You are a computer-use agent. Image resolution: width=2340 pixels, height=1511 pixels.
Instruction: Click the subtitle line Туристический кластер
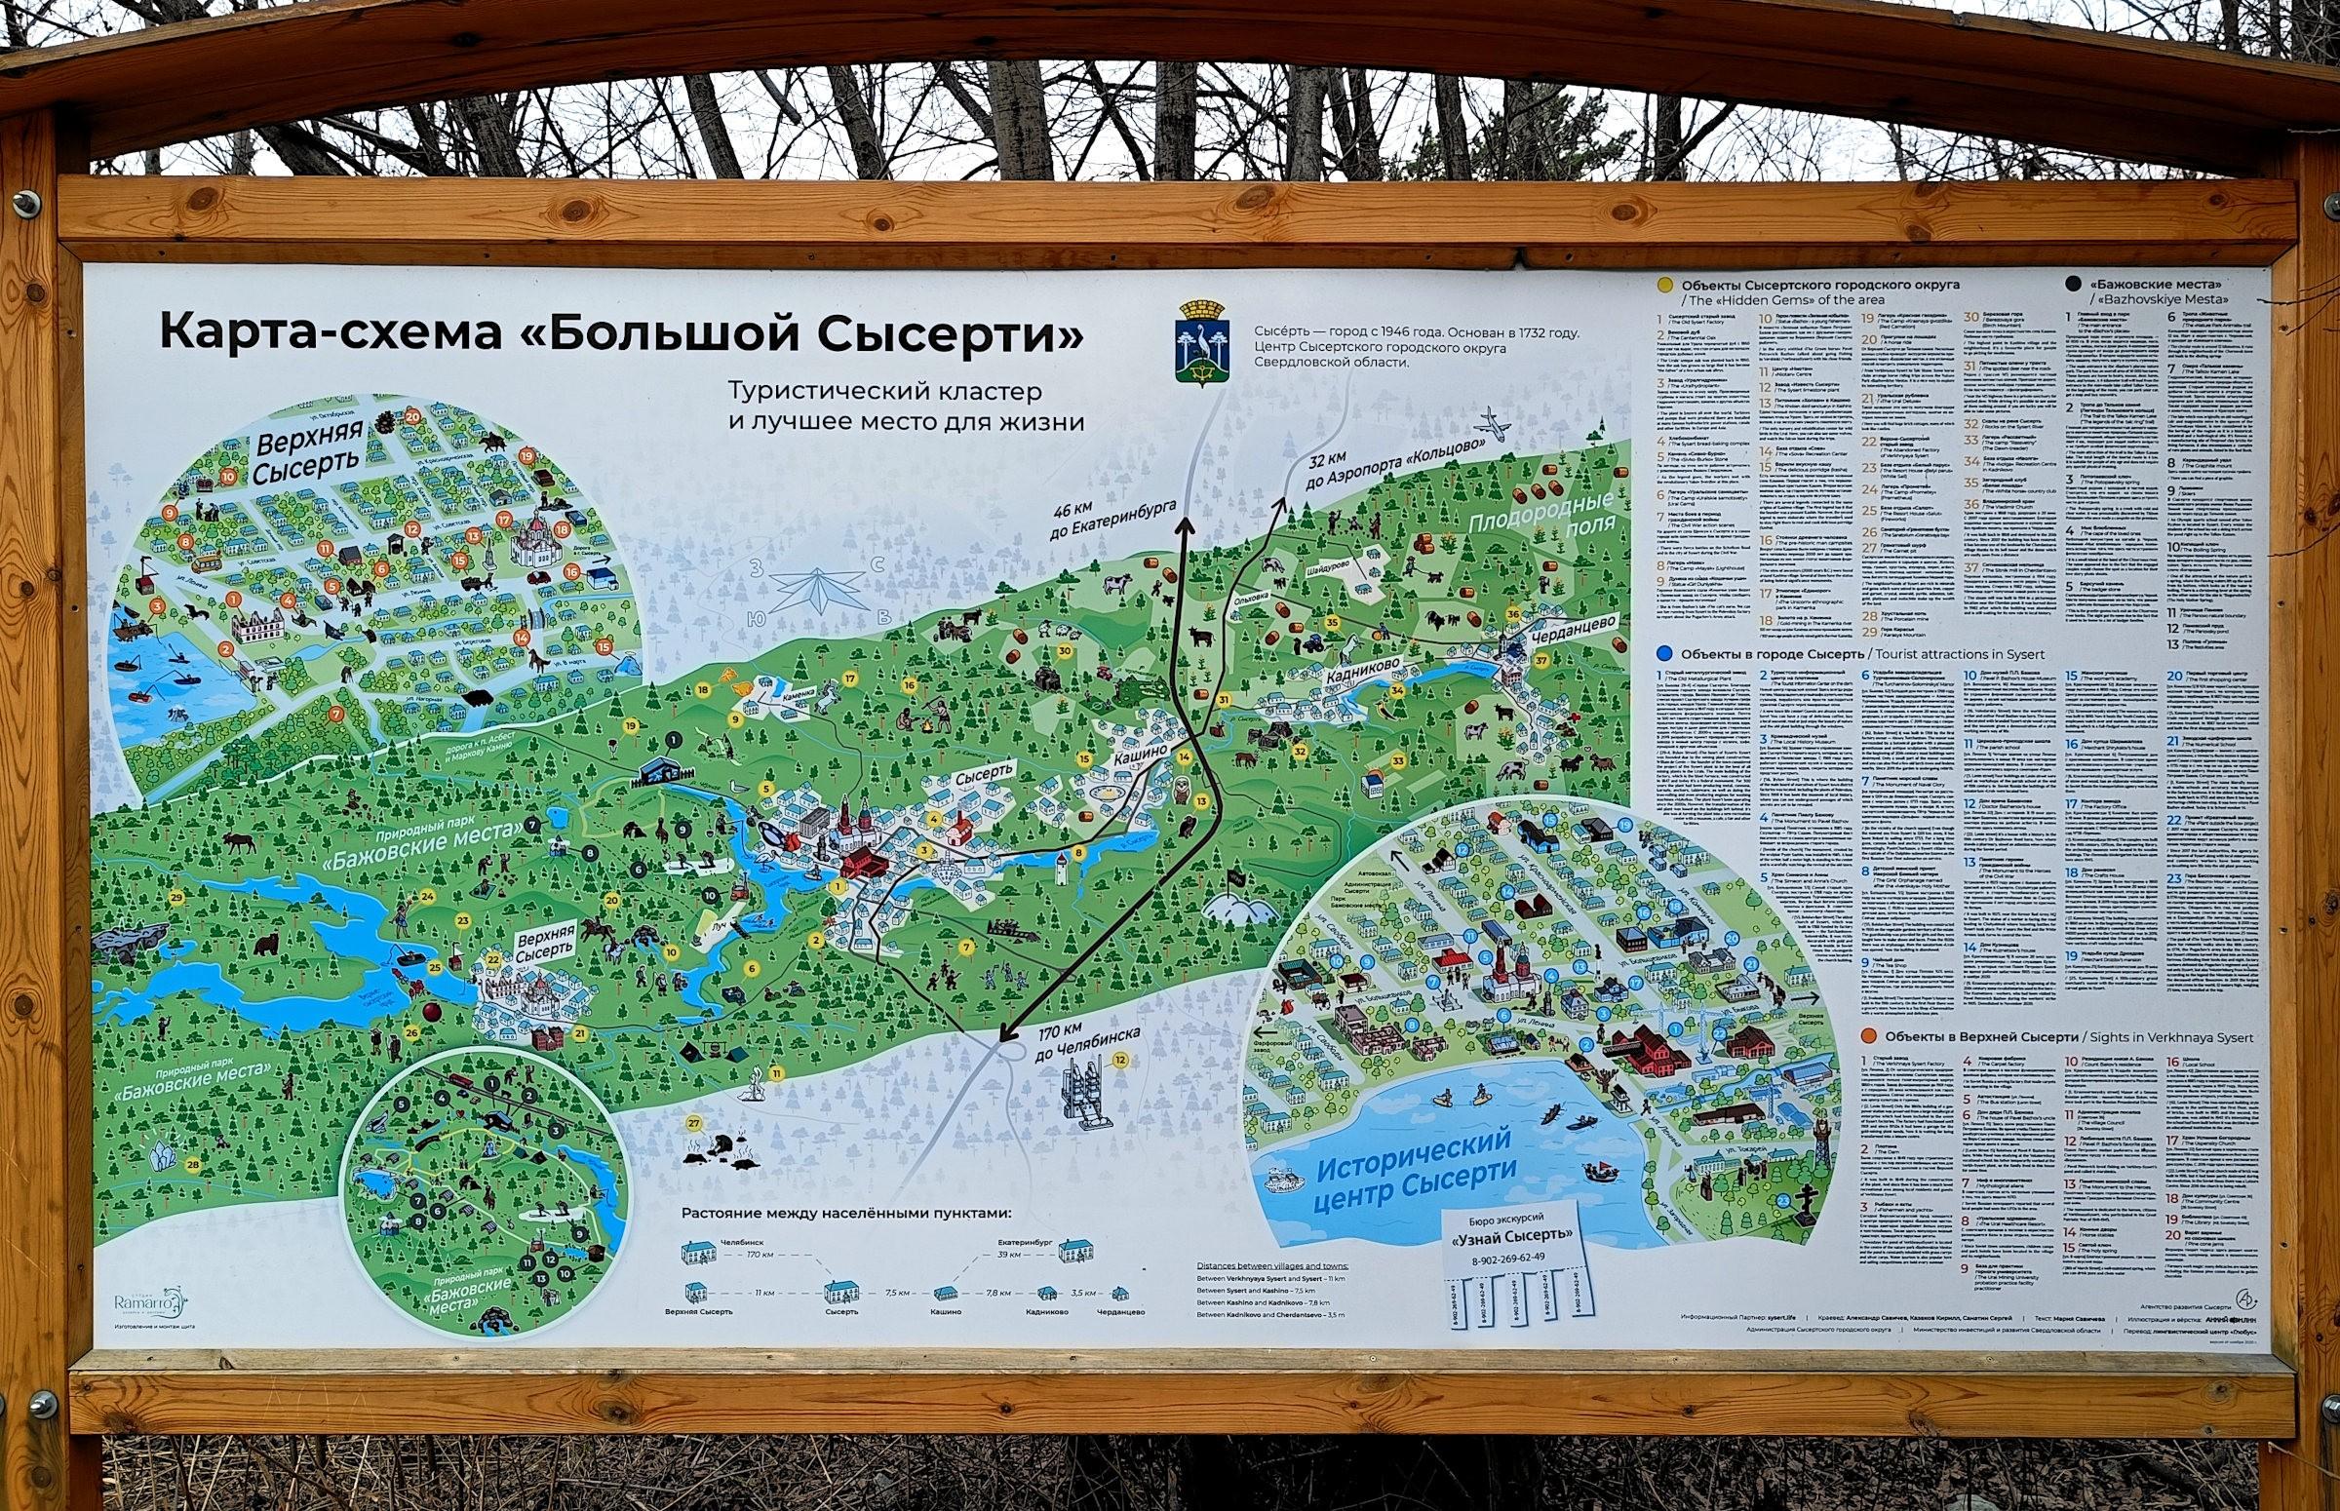click(883, 392)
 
